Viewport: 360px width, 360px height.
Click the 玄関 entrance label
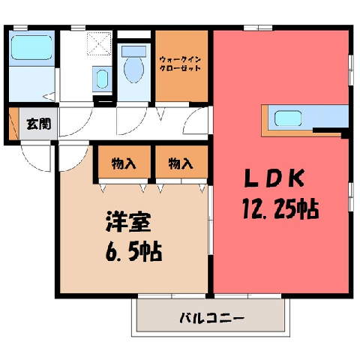(39, 124)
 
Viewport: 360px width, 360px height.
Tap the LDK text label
(274, 178)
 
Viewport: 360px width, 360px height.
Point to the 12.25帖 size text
(280, 209)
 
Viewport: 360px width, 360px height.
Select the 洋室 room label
(128, 222)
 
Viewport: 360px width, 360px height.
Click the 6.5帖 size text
(133, 251)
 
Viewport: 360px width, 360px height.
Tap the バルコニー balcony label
(211, 318)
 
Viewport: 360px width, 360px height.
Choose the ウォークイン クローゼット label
(180, 64)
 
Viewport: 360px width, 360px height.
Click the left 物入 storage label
(124, 164)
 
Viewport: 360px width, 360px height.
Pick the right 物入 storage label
(181, 164)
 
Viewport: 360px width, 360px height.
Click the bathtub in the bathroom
(31, 47)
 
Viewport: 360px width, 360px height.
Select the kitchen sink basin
(288, 118)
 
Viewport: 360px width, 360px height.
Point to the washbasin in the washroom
(102, 79)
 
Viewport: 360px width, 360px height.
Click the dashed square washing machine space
(99, 43)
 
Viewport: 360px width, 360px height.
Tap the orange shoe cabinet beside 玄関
(14, 124)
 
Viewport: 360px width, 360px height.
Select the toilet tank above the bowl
(133, 52)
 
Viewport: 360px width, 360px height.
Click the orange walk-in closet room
(181, 66)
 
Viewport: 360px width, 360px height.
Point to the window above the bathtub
(20, 28)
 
